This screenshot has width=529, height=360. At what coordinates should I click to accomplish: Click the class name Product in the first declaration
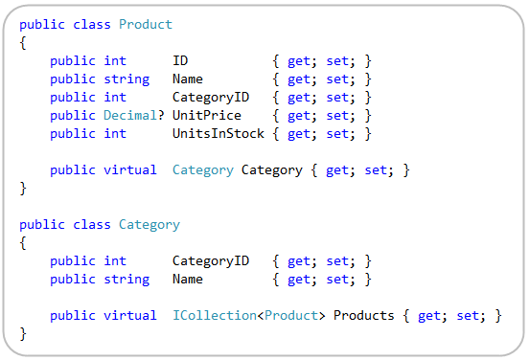pyautogui.click(x=146, y=24)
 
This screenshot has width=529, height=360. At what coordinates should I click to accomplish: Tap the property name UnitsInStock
pyautogui.click(x=218, y=133)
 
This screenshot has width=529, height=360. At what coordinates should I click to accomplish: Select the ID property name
pyautogui.click(x=180, y=60)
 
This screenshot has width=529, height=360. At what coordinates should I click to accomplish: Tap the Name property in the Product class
pyautogui.click(x=188, y=79)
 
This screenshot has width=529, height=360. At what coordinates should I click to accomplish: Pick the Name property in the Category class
pyautogui.click(x=188, y=279)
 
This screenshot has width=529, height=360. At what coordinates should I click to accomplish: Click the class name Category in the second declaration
pyautogui.click(x=149, y=224)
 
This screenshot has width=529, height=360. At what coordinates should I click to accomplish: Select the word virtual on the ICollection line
pyautogui.click(x=130, y=315)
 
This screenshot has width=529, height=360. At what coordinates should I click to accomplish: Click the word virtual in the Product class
pyautogui.click(x=130, y=169)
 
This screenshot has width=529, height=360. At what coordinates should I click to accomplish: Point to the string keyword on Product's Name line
pyautogui.click(x=126, y=79)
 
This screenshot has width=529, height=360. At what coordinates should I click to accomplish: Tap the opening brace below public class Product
pyautogui.click(x=23, y=42)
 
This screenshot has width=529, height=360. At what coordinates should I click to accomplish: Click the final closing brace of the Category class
pyautogui.click(x=23, y=333)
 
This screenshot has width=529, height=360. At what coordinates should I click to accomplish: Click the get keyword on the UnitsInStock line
pyautogui.click(x=299, y=133)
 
